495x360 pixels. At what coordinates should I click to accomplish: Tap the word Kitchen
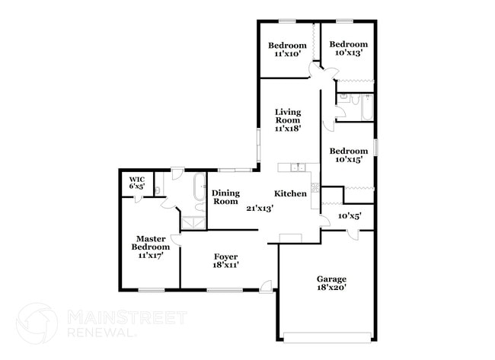click(291, 194)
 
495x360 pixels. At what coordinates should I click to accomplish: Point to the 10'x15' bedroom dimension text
click(347, 160)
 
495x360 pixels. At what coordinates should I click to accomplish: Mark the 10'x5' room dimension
click(349, 216)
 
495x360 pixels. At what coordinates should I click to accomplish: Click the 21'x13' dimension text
click(259, 207)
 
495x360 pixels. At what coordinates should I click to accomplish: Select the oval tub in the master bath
click(200, 186)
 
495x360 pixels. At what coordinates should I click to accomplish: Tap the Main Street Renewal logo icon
click(37, 323)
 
